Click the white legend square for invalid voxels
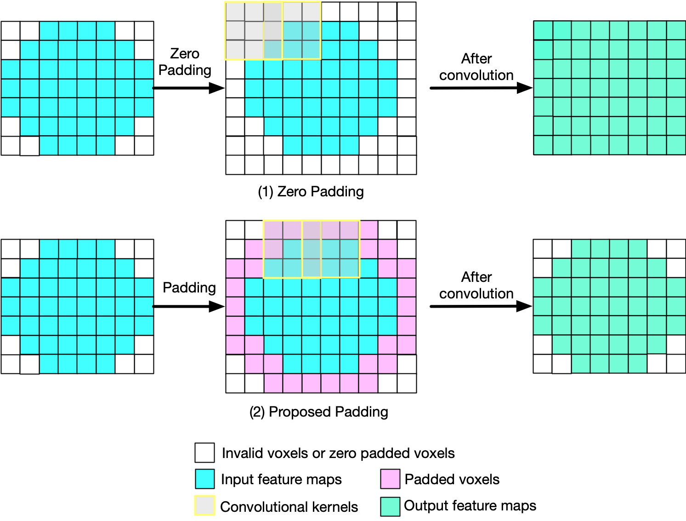[204, 452]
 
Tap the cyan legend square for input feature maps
[204, 479]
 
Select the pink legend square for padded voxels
[390, 479]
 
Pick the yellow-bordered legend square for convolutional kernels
[204, 505]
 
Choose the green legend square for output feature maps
[390, 506]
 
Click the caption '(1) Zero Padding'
[311, 191]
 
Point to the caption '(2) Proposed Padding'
[318, 412]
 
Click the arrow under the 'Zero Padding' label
[188, 88]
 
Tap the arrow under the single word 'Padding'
[188, 306]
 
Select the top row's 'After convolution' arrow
[481, 88]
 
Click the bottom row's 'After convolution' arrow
[481, 306]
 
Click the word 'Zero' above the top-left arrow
[185, 54]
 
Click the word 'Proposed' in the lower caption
[296, 412]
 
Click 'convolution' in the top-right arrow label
[476, 75]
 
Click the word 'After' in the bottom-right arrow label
[476, 277]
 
